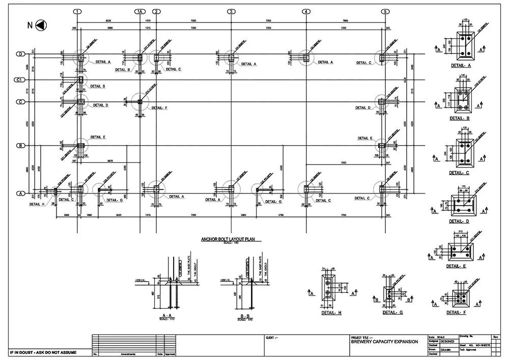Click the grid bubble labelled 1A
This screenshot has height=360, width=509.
[140, 11]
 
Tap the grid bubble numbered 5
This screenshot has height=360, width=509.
[385, 11]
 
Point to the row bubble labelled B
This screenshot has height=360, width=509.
[20, 146]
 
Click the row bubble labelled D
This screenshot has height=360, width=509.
[20, 54]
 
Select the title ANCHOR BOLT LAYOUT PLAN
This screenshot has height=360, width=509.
[231, 239]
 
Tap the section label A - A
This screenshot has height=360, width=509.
[166, 316]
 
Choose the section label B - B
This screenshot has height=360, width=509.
[244, 316]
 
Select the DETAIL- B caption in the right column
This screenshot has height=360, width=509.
[460, 118]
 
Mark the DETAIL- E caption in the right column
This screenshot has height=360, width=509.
[457, 266]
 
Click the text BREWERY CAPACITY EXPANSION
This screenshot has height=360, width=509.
[385, 342]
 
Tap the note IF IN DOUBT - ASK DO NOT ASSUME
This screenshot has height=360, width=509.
[44, 352]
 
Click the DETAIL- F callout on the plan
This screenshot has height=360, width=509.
[159, 108]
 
